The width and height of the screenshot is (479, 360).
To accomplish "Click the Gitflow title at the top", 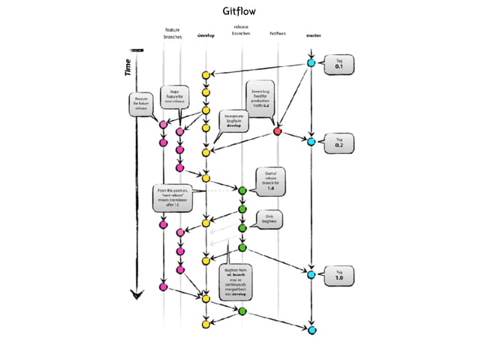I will (x=239, y=12).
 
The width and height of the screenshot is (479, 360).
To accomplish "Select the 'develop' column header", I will (x=206, y=35).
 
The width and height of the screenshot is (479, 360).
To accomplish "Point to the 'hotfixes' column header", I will (x=278, y=35).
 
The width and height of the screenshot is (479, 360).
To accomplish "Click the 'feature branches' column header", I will (x=171, y=33).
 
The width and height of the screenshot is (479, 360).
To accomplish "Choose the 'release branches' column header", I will (x=241, y=31).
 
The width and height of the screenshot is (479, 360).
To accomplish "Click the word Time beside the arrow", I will (x=128, y=68).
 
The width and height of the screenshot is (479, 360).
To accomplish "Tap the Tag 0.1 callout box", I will (x=339, y=65).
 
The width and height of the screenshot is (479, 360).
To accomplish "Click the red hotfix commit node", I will (x=278, y=132).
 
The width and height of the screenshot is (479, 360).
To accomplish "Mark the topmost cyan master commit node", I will (x=312, y=63).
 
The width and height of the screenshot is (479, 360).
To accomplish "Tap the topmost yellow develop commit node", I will (x=206, y=75).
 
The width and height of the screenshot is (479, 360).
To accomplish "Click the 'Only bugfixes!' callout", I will (x=269, y=219).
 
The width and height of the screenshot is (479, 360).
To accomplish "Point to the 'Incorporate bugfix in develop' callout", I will (x=233, y=123).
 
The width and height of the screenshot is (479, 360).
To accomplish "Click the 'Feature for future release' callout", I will (x=140, y=104).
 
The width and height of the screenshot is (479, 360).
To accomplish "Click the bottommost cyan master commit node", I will (x=312, y=329).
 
